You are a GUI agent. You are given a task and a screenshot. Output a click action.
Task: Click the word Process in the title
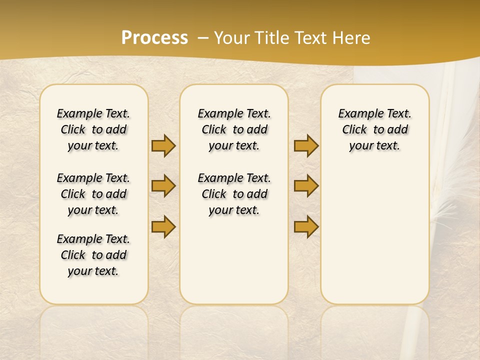coord(154,37)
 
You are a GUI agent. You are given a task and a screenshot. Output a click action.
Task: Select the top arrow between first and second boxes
coord(163,145)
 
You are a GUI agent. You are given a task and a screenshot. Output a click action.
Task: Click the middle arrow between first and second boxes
coord(163,186)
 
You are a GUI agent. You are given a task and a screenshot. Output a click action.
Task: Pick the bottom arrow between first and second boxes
coord(163,226)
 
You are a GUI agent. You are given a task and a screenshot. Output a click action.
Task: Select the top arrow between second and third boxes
coord(306,145)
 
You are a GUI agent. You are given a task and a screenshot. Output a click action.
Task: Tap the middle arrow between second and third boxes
coord(306,186)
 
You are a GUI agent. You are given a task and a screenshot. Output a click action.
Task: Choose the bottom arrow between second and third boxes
coord(306,226)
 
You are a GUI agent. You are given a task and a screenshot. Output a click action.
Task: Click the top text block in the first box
coord(93,129)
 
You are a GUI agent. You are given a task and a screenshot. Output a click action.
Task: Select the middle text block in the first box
coord(93,194)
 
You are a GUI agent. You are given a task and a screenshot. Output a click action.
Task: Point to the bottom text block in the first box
coord(93,255)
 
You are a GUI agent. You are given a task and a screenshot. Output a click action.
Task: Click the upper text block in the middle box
coord(234,129)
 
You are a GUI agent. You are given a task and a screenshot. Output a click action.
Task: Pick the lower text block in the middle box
coord(234,194)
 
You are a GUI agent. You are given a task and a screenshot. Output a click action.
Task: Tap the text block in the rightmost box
coord(374,129)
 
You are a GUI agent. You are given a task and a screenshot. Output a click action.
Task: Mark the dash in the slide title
coord(203,37)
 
